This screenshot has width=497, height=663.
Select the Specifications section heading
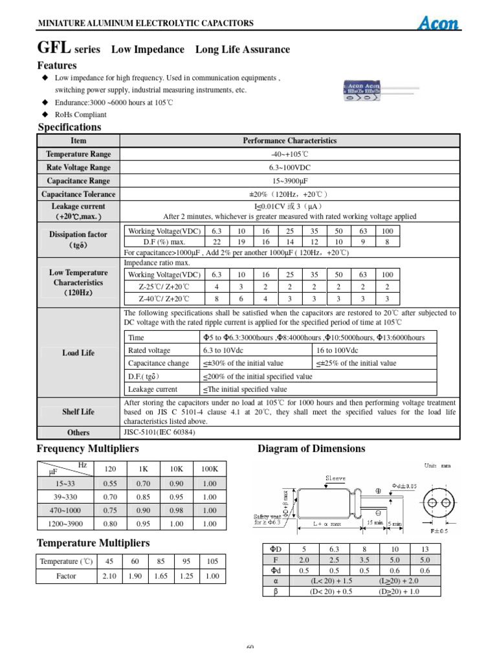(69, 127)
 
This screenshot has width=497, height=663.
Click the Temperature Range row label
(78, 154)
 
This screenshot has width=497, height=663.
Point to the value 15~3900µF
(289, 181)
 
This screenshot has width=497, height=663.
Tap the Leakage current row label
(78, 211)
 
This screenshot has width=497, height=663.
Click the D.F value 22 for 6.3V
(217, 242)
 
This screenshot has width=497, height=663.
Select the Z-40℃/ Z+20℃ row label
(164, 298)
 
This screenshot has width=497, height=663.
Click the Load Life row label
(78, 353)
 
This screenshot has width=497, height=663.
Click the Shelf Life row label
(78, 412)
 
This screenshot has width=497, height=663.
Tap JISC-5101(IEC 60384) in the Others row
(159, 432)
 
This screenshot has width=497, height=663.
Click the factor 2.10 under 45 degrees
(110, 576)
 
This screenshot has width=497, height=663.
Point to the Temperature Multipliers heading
(93, 543)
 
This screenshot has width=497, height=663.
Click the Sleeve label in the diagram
(335, 478)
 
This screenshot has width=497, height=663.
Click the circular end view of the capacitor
(438, 504)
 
